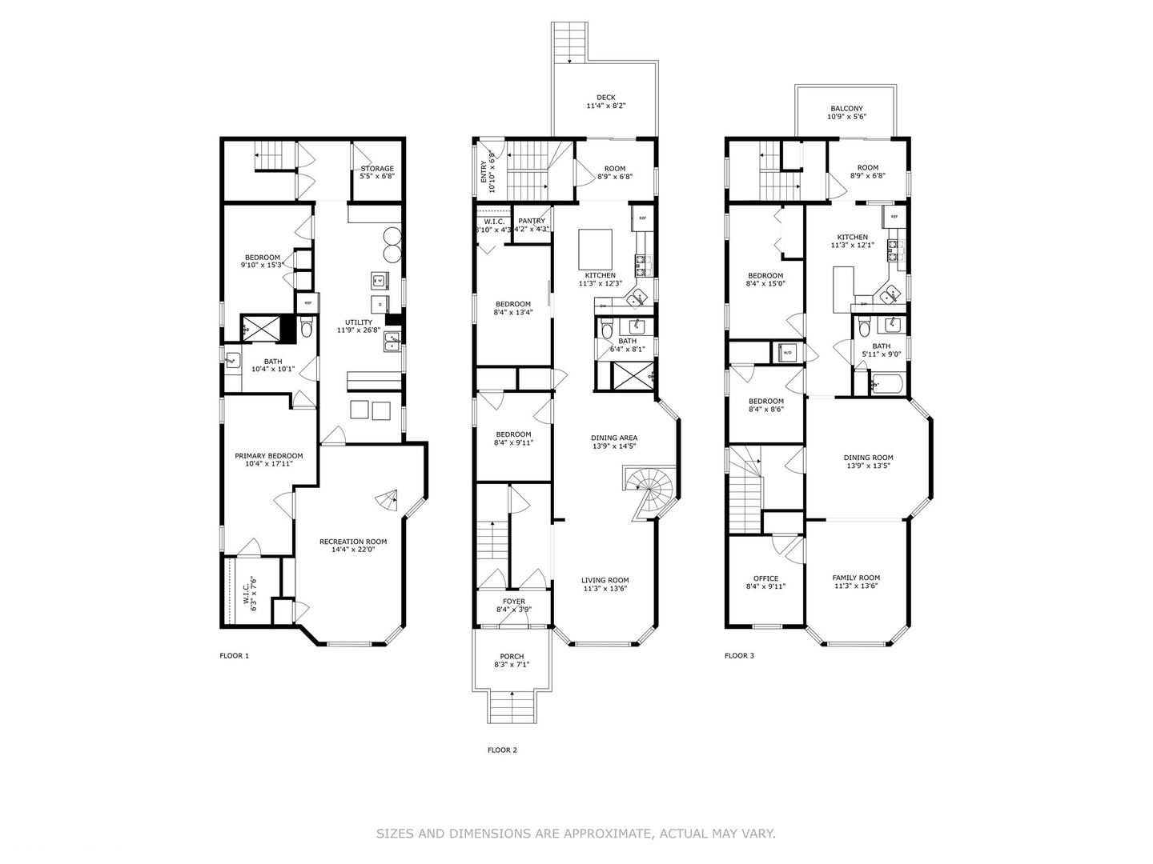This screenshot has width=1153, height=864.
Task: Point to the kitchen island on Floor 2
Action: coord(596,249)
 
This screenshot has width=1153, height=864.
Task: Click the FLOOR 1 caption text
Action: coord(235,656)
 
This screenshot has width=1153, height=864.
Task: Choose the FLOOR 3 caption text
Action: coord(739,656)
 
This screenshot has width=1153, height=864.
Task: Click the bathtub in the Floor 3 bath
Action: coord(887,385)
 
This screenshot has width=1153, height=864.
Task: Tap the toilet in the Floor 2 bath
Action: coord(606,330)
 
